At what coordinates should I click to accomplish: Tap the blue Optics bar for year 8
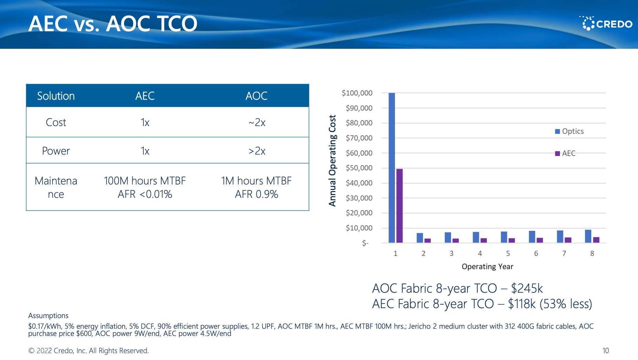(588, 236)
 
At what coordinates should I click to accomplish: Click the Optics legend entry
(569, 131)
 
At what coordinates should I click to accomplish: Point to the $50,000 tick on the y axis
(359, 168)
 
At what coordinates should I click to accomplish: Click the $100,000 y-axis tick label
(357, 93)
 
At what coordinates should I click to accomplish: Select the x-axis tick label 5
(508, 254)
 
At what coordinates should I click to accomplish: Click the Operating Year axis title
(487, 267)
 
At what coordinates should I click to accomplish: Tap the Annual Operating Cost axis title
(332, 160)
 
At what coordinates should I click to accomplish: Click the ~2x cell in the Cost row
(257, 122)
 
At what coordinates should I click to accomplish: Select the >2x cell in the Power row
(257, 151)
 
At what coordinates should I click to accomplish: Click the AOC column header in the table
(256, 96)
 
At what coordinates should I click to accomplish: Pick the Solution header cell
(56, 96)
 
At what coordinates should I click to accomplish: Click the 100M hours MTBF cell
(144, 181)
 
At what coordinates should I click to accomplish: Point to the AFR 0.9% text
(256, 194)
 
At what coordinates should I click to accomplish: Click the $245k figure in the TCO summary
(527, 288)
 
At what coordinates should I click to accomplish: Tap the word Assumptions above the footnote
(48, 316)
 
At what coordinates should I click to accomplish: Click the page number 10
(605, 351)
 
